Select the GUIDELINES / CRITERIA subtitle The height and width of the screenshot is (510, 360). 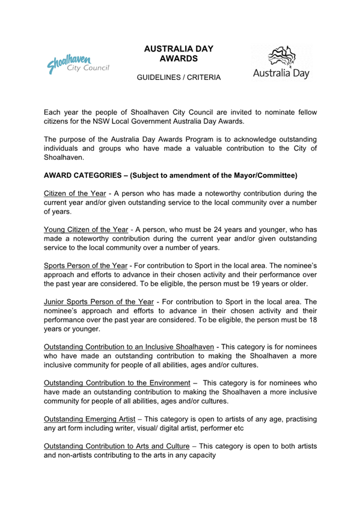(x=178, y=78)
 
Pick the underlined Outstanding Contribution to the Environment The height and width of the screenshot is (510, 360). (x=120, y=382)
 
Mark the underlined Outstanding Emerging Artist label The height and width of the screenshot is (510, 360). (x=93, y=418)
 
